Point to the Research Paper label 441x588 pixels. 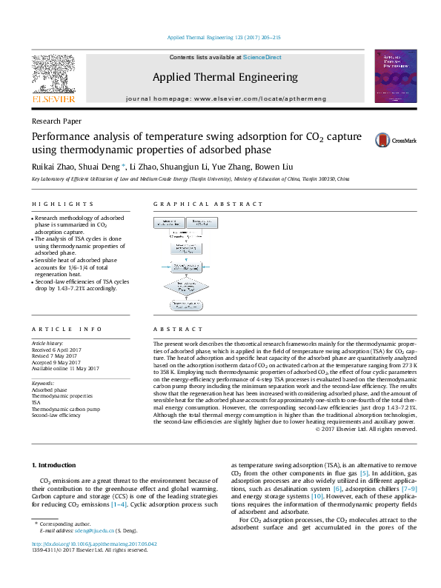tap(56, 121)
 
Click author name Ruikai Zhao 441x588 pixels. tap(53, 164)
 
